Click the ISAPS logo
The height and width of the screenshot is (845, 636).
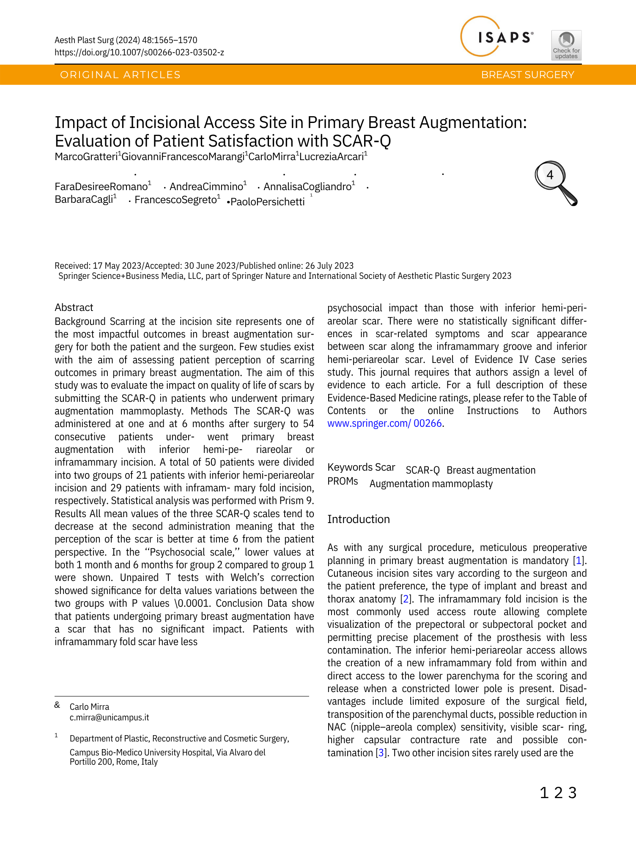(x=497, y=37)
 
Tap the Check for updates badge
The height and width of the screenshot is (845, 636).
(x=566, y=45)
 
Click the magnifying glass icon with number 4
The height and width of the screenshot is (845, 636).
(x=556, y=183)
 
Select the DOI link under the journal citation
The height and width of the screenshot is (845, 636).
(x=139, y=52)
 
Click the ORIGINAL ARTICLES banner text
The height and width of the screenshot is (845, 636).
(x=120, y=75)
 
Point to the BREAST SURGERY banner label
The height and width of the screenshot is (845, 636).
(x=527, y=75)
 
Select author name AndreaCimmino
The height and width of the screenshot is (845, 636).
(x=206, y=187)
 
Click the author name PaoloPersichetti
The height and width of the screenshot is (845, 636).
(x=267, y=202)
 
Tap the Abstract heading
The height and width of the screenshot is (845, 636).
(x=74, y=308)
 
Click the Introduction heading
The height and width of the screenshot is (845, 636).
(x=358, y=519)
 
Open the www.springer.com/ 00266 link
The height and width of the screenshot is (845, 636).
(x=384, y=423)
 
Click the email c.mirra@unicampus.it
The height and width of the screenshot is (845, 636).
(x=109, y=717)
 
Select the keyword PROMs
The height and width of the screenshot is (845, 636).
(x=343, y=482)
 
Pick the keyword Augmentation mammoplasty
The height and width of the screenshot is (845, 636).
(x=431, y=484)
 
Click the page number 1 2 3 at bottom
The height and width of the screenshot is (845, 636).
(x=558, y=793)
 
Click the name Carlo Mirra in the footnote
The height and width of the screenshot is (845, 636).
(x=89, y=707)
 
